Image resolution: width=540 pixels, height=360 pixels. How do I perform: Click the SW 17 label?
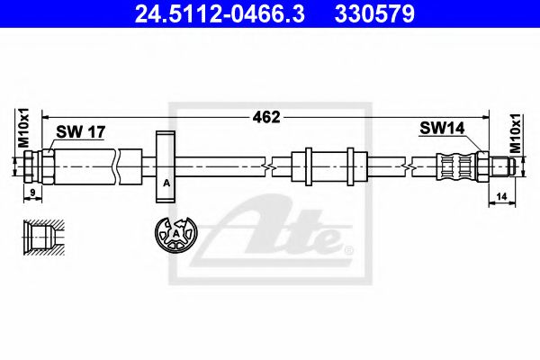point(82,132)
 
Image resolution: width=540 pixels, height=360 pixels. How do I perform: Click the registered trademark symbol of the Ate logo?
point(350,247)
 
